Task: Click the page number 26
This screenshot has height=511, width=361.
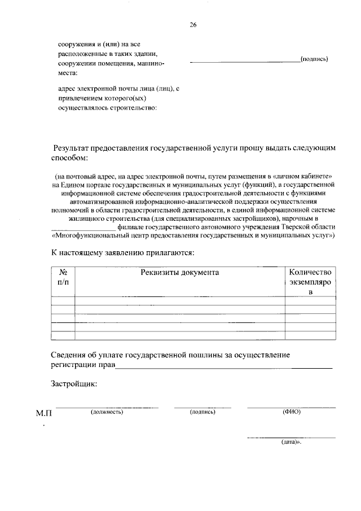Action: pyautogui.click(x=194, y=25)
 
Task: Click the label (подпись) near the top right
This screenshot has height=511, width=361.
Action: pyautogui.click(x=314, y=59)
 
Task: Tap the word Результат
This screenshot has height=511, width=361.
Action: pyautogui.click(x=76, y=147)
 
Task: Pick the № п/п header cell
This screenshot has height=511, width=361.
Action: pyautogui.click(x=63, y=277)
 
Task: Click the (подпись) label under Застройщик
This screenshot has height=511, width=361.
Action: pyautogui.click(x=203, y=412)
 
